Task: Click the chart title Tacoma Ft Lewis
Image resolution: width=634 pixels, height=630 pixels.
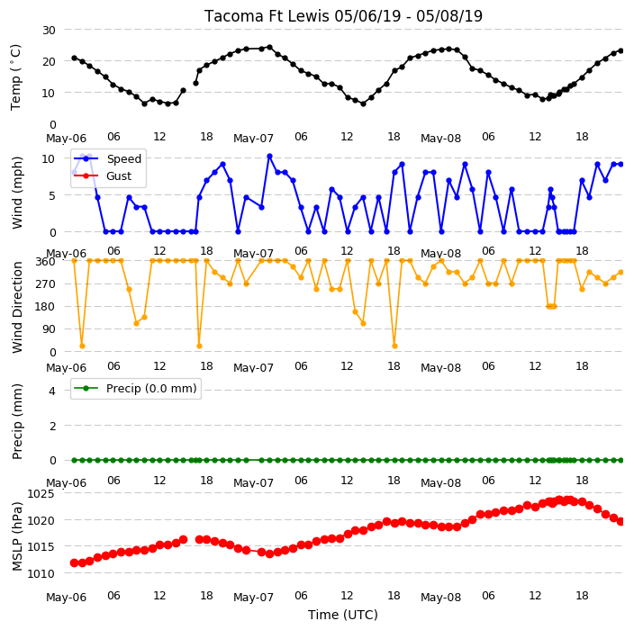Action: (267, 16)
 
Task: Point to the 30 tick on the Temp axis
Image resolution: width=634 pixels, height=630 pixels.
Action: (49, 31)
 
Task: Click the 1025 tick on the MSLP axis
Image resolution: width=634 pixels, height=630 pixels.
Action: (41, 494)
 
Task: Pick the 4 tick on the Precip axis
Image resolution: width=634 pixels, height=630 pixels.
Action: (52, 391)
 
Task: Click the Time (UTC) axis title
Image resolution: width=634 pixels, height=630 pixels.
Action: (343, 615)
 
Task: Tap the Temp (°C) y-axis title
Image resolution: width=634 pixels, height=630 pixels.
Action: (15, 77)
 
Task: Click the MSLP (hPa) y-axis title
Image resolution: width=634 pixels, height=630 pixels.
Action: (16, 535)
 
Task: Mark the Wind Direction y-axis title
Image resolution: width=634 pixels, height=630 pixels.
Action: (17, 308)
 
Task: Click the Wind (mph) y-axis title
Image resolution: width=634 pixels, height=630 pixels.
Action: (17, 193)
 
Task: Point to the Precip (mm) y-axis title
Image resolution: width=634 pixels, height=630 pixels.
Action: (17, 421)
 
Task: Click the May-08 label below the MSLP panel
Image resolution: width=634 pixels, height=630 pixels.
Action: (440, 598)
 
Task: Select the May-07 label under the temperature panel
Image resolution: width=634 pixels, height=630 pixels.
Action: (254, 139)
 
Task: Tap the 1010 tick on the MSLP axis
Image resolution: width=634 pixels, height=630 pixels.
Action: (41, 573)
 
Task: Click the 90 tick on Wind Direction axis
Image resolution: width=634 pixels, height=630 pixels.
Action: (49, 329)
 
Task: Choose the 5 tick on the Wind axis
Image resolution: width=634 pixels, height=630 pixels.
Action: (52, 195)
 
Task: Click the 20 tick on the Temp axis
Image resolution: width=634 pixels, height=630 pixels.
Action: (49, 62)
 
